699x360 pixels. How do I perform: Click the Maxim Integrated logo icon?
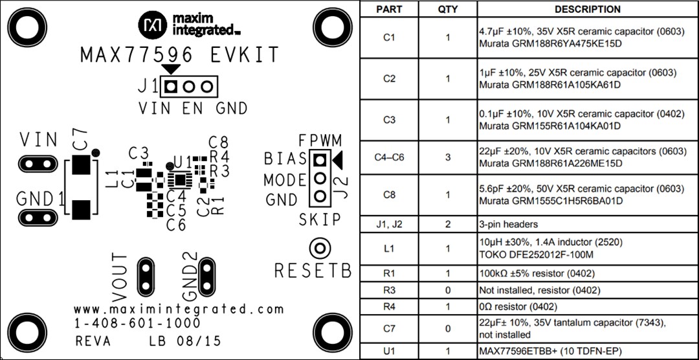coord(153,25)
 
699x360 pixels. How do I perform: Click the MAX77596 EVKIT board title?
coord(179,55)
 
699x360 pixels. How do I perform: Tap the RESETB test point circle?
coord(319,248)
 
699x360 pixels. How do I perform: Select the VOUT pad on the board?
coord(146,275)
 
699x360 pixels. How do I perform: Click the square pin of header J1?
coord(172,86)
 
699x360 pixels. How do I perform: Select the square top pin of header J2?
coord(319,159)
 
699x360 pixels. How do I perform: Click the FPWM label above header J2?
coord(320,141)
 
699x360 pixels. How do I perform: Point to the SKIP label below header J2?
coord(320,220)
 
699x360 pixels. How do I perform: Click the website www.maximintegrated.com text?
coord(179,309)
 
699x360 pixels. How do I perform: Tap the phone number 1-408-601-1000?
coord(137,323)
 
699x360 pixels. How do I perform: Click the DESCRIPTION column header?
coord(587,9)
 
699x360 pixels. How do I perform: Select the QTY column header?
coord(447,9)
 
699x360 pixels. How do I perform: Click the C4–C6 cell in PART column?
coord(389,157)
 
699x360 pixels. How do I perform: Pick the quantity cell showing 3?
coord(447,157)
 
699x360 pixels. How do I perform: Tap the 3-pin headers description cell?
coord(508,225)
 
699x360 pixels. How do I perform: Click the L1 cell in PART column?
coord(389,249)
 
